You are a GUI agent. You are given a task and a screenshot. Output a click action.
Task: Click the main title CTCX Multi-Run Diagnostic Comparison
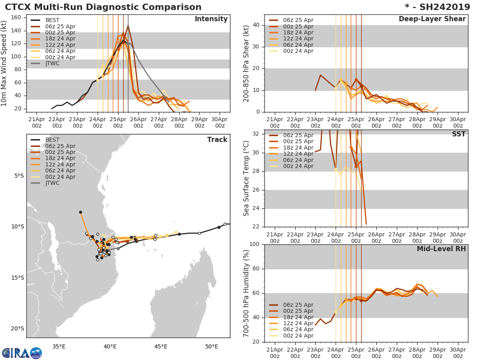point(103,7)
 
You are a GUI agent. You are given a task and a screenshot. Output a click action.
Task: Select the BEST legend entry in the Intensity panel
point(52,20)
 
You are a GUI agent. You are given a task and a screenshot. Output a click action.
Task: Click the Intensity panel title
point(211,19)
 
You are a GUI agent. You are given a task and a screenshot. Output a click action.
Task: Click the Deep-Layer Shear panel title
point(432,19)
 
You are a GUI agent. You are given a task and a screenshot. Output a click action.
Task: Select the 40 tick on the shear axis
point(256,25)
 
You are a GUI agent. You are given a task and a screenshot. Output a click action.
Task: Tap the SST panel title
point(459,134)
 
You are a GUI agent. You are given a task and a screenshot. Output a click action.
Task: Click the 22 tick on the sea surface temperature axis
point(256,227)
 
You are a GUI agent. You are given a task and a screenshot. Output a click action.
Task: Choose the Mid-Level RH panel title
point(441,249)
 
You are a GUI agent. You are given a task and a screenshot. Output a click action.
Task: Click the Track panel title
point(217,140)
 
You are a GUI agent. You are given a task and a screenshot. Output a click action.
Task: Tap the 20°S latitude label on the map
point(18,329)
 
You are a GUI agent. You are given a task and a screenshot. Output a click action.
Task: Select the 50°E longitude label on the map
point(212,346)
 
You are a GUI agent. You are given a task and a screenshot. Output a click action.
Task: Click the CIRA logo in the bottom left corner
point(22,353)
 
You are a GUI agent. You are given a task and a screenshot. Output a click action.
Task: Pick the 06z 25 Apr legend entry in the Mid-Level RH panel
point(298,305)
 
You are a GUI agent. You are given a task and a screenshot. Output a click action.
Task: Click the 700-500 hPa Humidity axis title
point(246,293)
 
